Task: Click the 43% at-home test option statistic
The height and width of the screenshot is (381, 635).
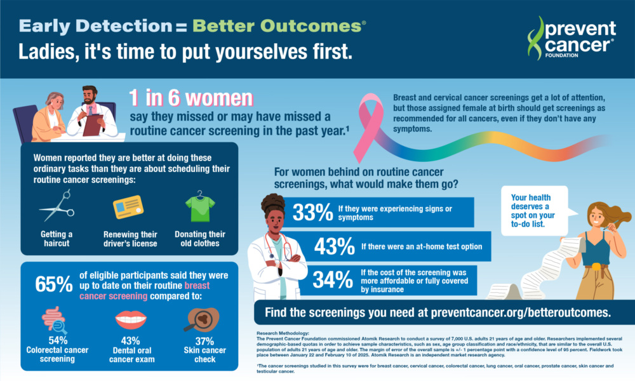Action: (333, 245)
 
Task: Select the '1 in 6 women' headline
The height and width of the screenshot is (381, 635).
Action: (190, 98)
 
